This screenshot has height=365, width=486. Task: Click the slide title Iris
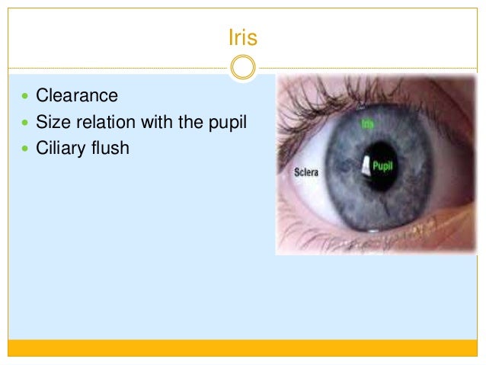point(242,37)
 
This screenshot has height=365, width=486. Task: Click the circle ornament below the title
point(242,69)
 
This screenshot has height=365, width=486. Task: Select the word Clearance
point(77,96)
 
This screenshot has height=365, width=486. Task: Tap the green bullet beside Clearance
point(25,97)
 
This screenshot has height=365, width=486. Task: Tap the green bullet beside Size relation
point(25,123)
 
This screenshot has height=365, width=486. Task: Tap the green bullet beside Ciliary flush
point(25,149)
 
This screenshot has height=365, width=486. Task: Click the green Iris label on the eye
point(368,121)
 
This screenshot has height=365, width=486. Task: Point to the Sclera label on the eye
point(306,173)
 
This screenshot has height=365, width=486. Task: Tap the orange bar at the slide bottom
point(242,347)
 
